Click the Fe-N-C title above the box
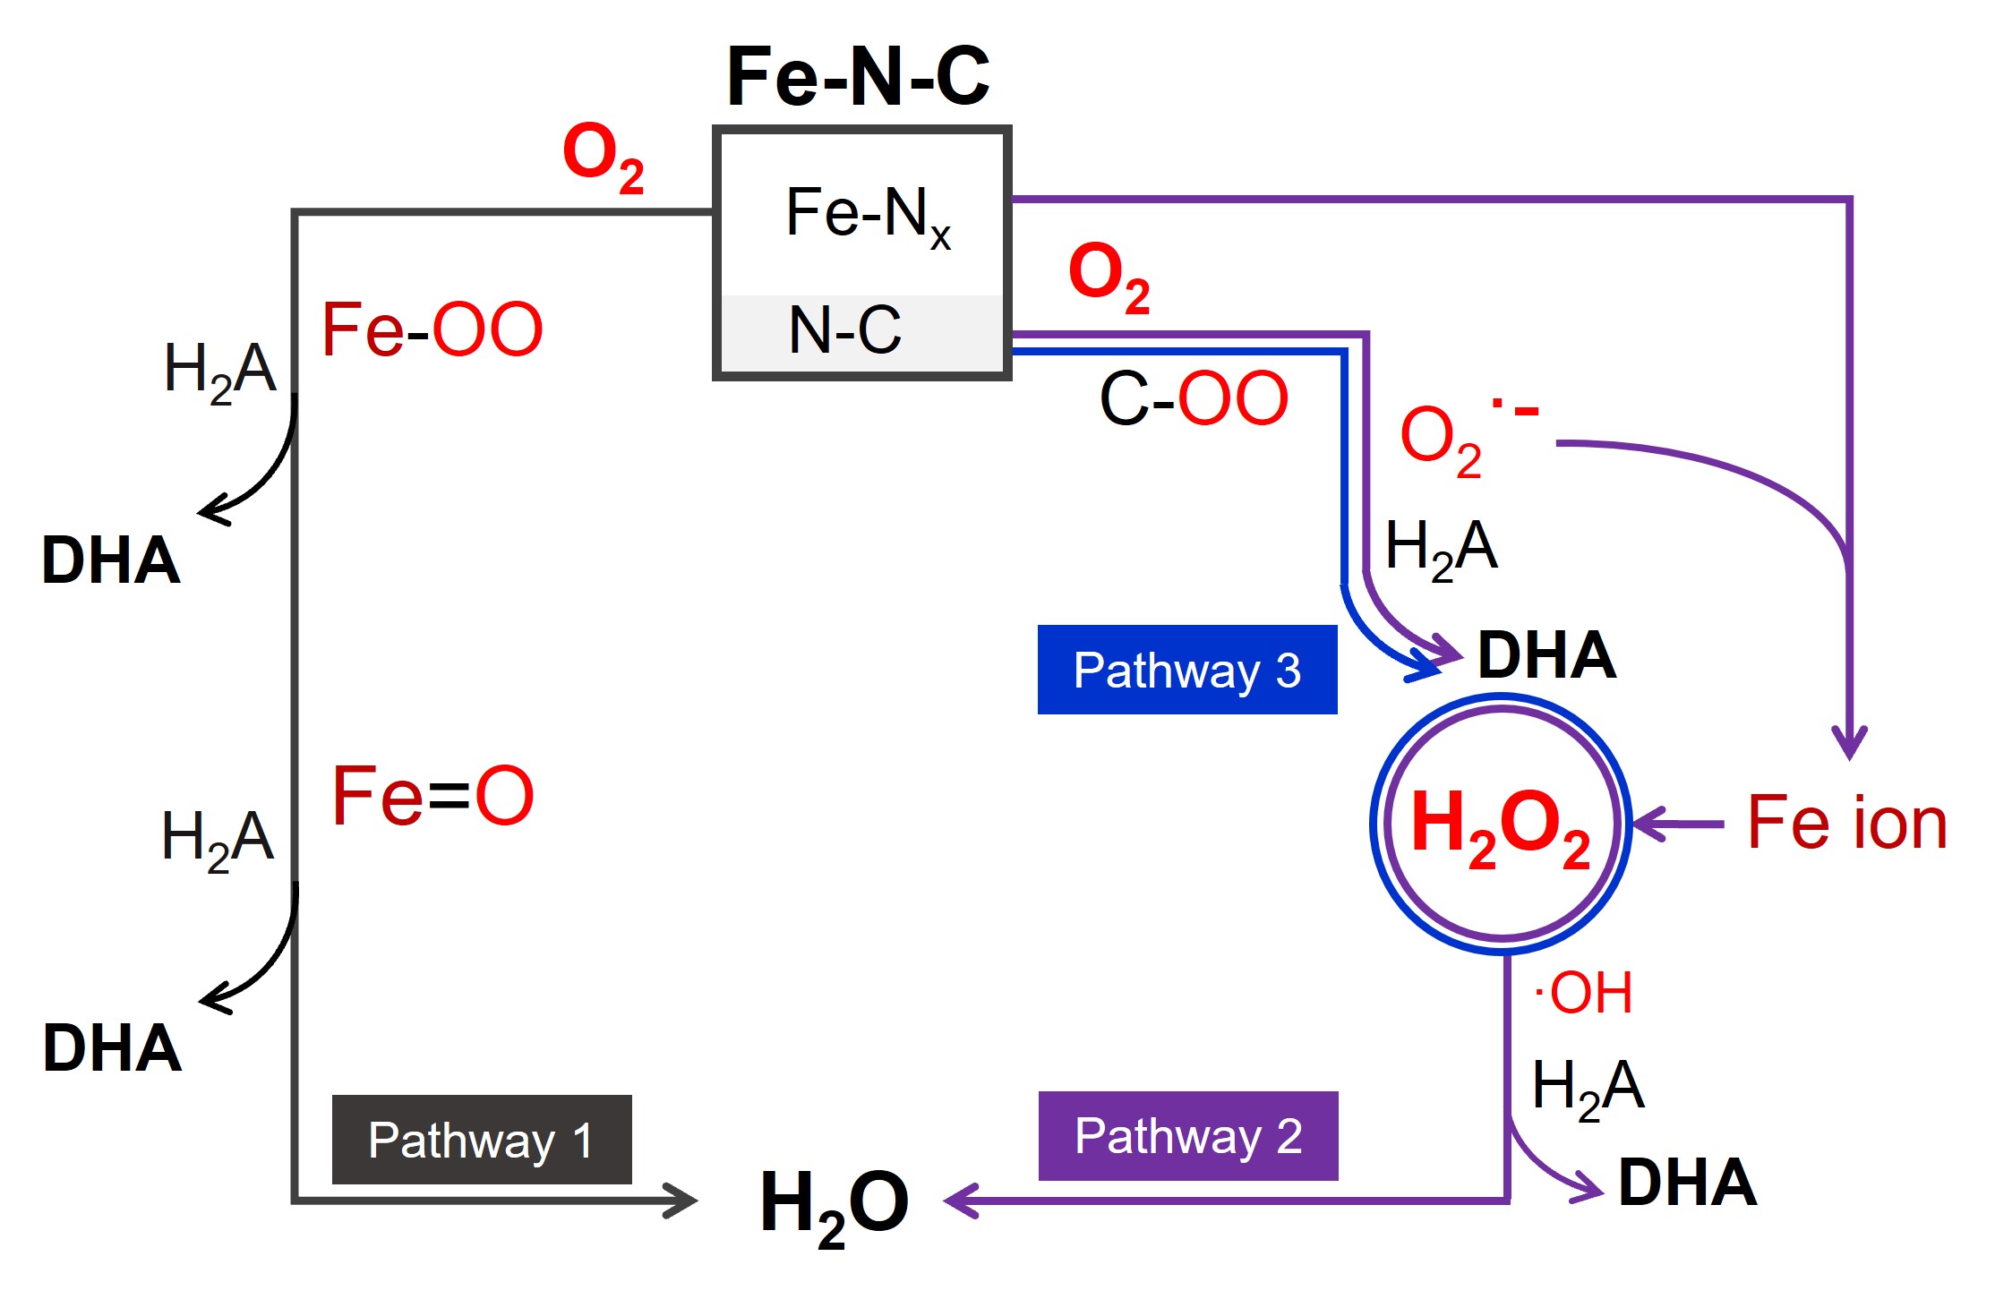point(858,77)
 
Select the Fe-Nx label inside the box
point(867,215)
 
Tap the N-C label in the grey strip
point(844,329)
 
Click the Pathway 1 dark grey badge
point(482,1140)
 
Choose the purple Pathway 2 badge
point(1188,1136)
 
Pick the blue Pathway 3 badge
point(1187,670)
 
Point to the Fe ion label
point(1846,823)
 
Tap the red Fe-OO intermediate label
point(432,329)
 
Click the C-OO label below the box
point(1193,398)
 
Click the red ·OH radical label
point(1583,993)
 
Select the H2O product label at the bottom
point(834,1205)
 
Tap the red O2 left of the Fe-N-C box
point(603,157)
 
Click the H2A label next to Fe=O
point(218,838)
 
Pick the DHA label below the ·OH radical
point(1687,1183)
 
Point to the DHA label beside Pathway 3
point(1546,655)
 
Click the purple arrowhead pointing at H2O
point(961,1201)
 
